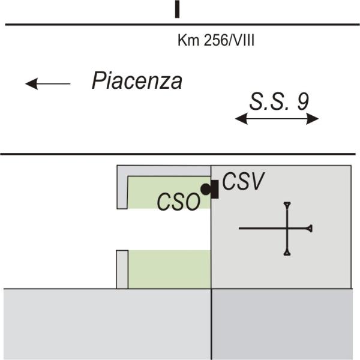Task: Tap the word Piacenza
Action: click(137, 81)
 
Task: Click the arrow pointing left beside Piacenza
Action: click(47, 83)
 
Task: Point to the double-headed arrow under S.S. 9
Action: click(277, 119)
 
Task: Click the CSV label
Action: click(243, 181)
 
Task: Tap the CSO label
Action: click(178, 202)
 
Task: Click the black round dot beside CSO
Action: click(205, 190)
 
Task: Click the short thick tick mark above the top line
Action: click(177, 9)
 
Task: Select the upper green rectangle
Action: click(168, 192)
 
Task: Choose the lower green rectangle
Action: click(169, 269)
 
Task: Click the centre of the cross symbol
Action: click(288, 228)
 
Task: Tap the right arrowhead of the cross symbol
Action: click(310, 228)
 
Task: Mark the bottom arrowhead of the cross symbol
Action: click(288, 252)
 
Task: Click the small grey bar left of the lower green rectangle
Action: click(122, 269)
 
